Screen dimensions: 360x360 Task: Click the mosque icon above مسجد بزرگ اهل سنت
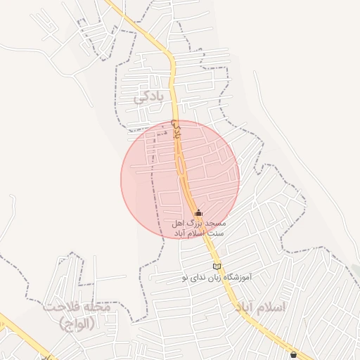tap(198, 212)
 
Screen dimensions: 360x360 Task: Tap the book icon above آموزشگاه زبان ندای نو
tap(217, 266)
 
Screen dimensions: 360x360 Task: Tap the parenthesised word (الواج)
tap(77, 323)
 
